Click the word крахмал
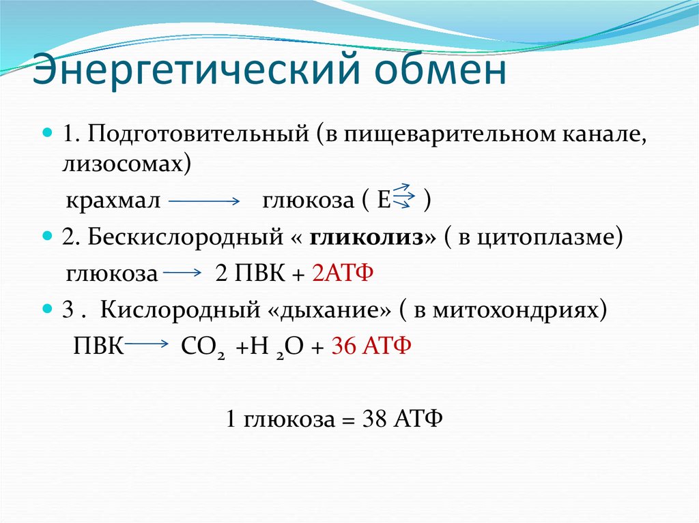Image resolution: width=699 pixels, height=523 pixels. (113, 202)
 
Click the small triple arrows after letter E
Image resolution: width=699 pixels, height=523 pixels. (404, 196)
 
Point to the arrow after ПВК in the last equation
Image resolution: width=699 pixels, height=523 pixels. (147, 345)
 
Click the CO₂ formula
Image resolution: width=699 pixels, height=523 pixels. (203, 346)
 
